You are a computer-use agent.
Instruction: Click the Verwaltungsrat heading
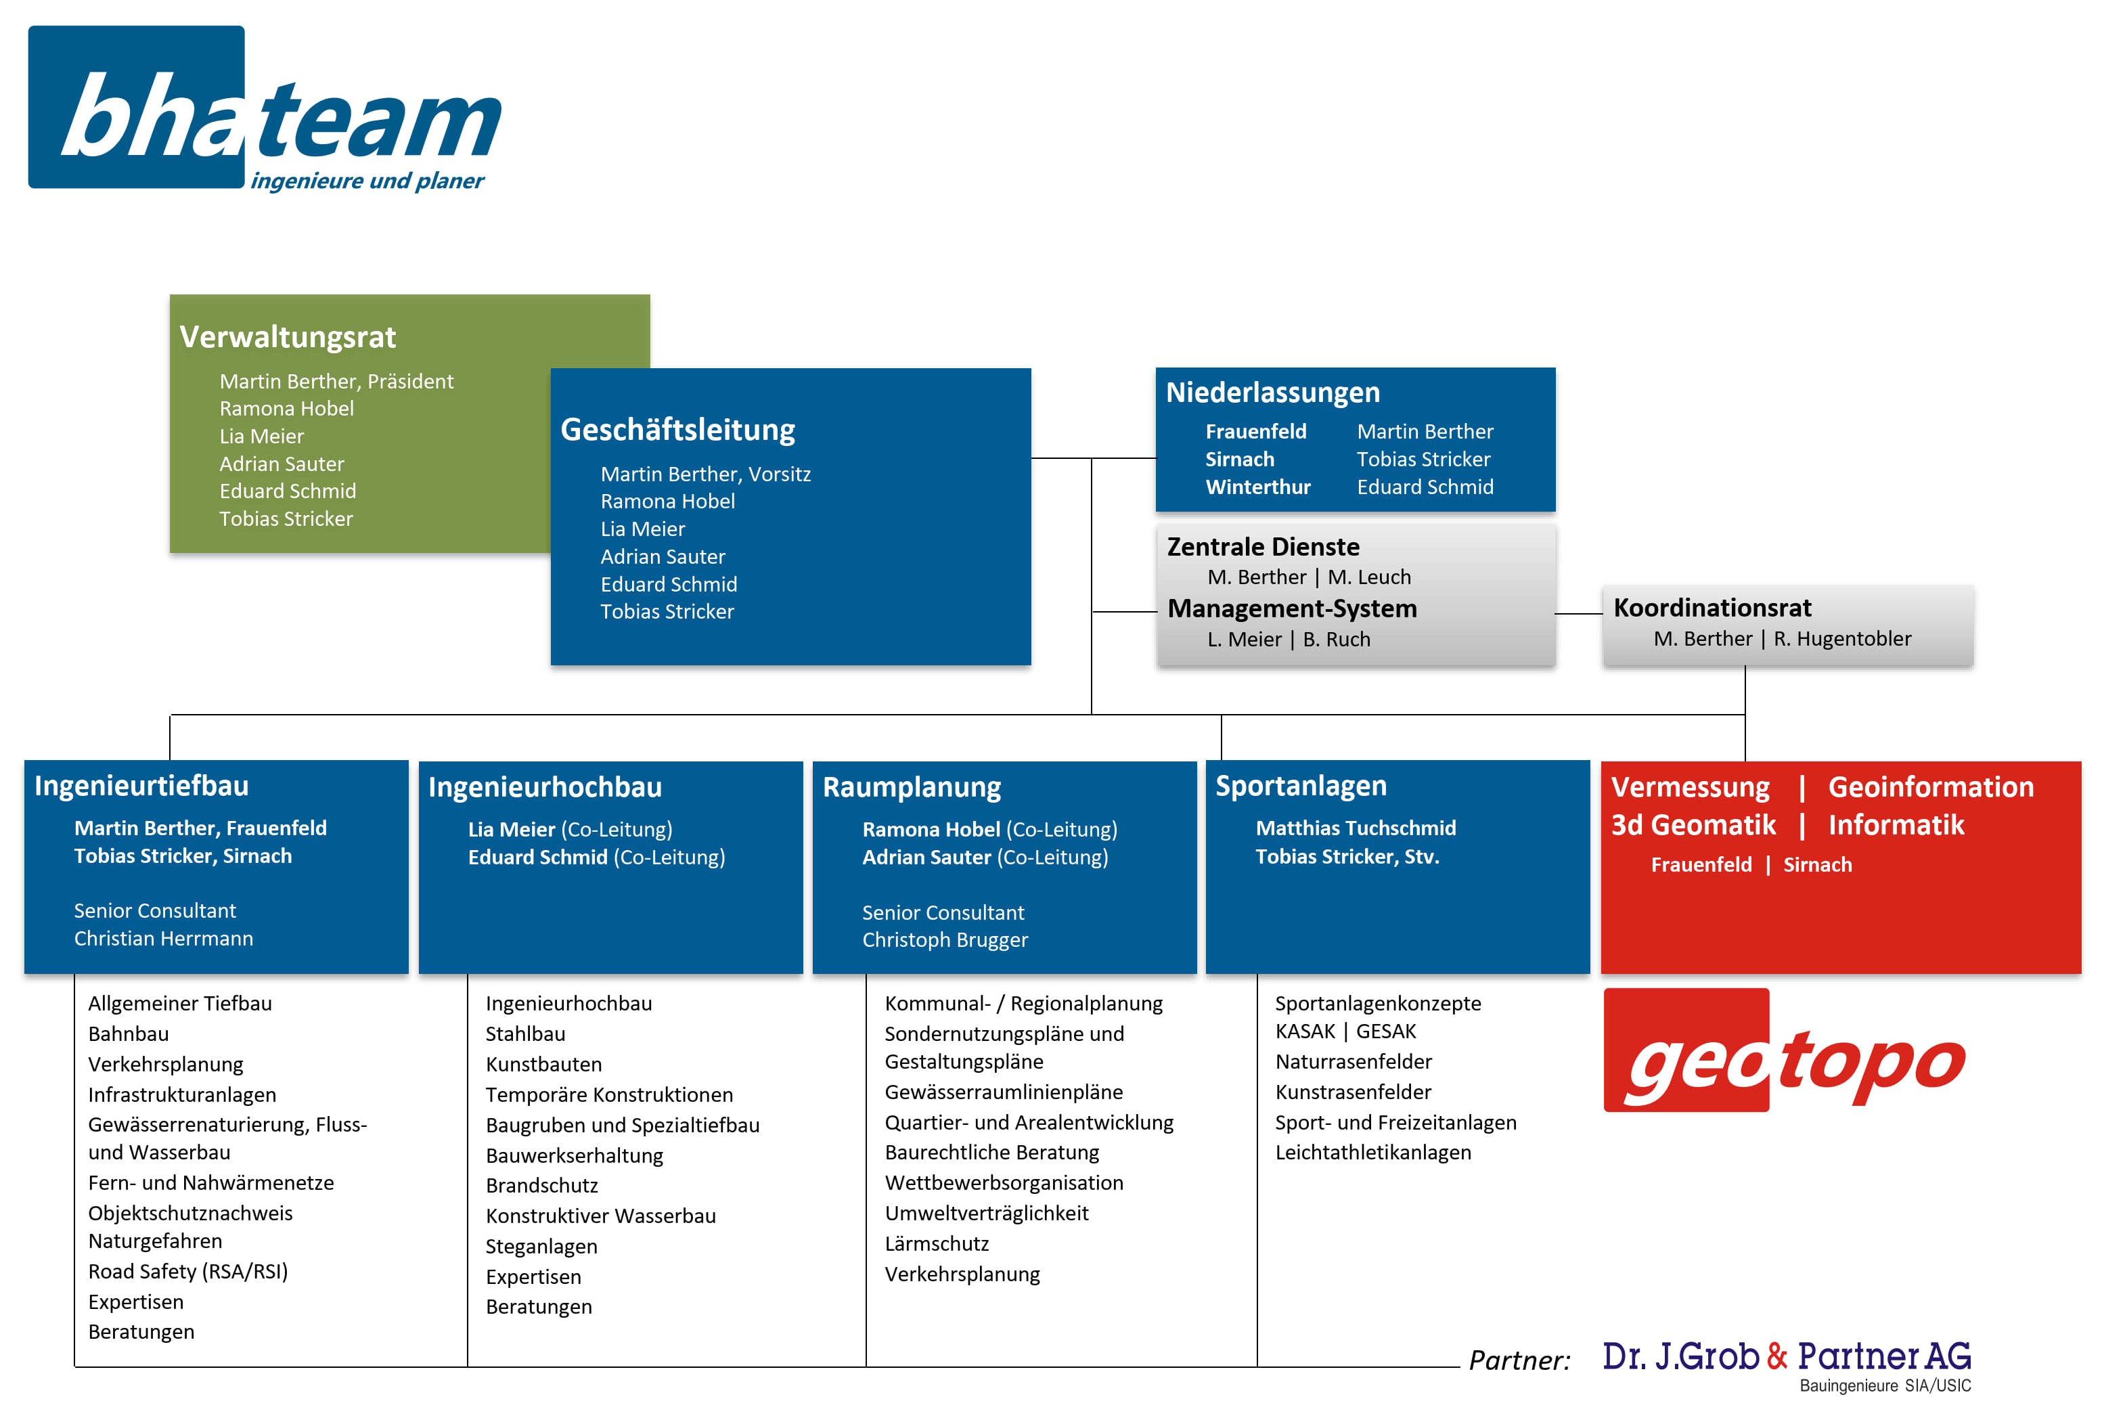coord(288,338)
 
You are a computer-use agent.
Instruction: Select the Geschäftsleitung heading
coord(677,430)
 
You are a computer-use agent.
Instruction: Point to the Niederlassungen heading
coord(1272,393)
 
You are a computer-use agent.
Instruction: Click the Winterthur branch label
coord(1257,487)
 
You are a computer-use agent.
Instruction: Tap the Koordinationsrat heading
coord(1712,608)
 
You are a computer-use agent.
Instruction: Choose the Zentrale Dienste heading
coord(1263,548)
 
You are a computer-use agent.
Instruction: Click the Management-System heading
coord(1292,608)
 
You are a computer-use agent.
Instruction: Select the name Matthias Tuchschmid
coord(1355,828)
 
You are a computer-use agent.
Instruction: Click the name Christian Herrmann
coord(164,939)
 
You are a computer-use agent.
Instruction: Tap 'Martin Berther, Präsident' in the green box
coord(336,382)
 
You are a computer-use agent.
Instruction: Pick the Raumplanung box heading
coord(911,788)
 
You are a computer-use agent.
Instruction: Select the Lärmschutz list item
coord(936,1244)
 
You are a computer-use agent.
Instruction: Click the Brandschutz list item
coord(542,1186)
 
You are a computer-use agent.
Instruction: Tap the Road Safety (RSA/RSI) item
coord(187,1272)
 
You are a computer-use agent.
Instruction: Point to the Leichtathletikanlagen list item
coord(1372,1153)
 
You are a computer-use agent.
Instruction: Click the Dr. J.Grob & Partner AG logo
coord(1787,1361)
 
